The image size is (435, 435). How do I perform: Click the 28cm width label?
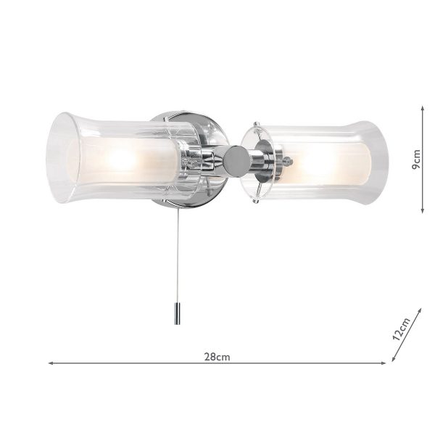(217, 357)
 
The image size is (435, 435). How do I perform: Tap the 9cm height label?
(417, 159)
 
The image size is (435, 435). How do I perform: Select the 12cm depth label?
(402, 329)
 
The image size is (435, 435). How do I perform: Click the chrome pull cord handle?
(177, 314)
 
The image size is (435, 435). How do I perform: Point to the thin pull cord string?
(177, 256)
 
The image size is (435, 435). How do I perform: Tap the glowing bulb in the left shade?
(122, 159)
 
